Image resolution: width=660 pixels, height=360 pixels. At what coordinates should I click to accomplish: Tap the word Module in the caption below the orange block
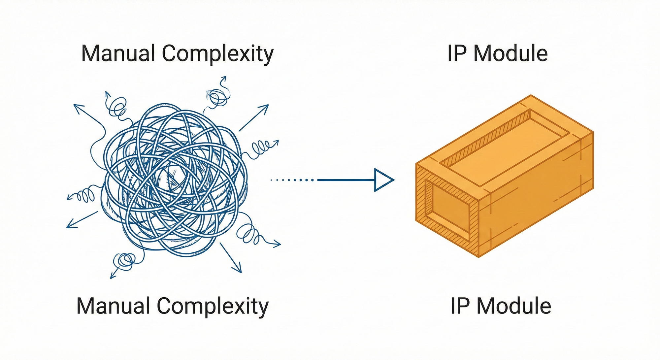pyautogui.click(x=514, y=306)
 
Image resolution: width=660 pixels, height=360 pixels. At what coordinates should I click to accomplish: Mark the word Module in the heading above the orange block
pyautogui.click(x=511, y=53)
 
